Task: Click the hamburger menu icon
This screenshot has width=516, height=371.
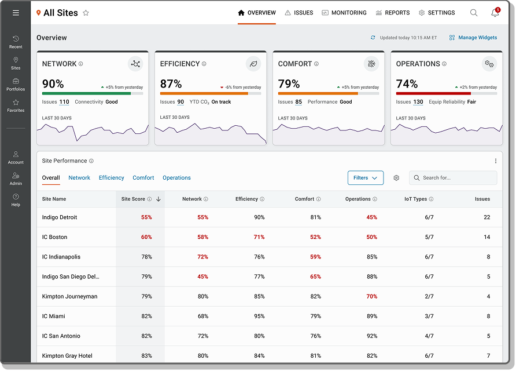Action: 16,13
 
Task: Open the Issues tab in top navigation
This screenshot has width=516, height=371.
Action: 299,13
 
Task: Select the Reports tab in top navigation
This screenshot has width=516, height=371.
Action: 393,13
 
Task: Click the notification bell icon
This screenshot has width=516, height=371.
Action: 495,13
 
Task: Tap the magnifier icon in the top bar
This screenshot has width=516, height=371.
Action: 474,13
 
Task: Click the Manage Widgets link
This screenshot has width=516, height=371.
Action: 473,38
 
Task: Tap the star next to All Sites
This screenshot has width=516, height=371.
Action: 86,13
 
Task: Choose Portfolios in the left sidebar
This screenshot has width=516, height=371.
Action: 16,85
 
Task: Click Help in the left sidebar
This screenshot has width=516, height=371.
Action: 16,200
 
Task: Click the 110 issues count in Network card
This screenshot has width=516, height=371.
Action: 64,102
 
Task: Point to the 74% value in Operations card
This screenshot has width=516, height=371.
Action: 407,84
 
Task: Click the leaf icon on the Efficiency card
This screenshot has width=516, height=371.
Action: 253,64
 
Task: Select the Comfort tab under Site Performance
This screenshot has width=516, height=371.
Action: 143,178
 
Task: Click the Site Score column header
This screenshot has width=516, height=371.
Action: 133,199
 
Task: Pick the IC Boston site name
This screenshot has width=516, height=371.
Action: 54,237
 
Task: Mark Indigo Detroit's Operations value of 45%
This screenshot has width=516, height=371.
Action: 371,217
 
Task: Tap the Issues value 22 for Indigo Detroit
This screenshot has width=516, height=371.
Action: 486,217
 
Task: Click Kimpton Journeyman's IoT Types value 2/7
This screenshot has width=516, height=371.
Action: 429,296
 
